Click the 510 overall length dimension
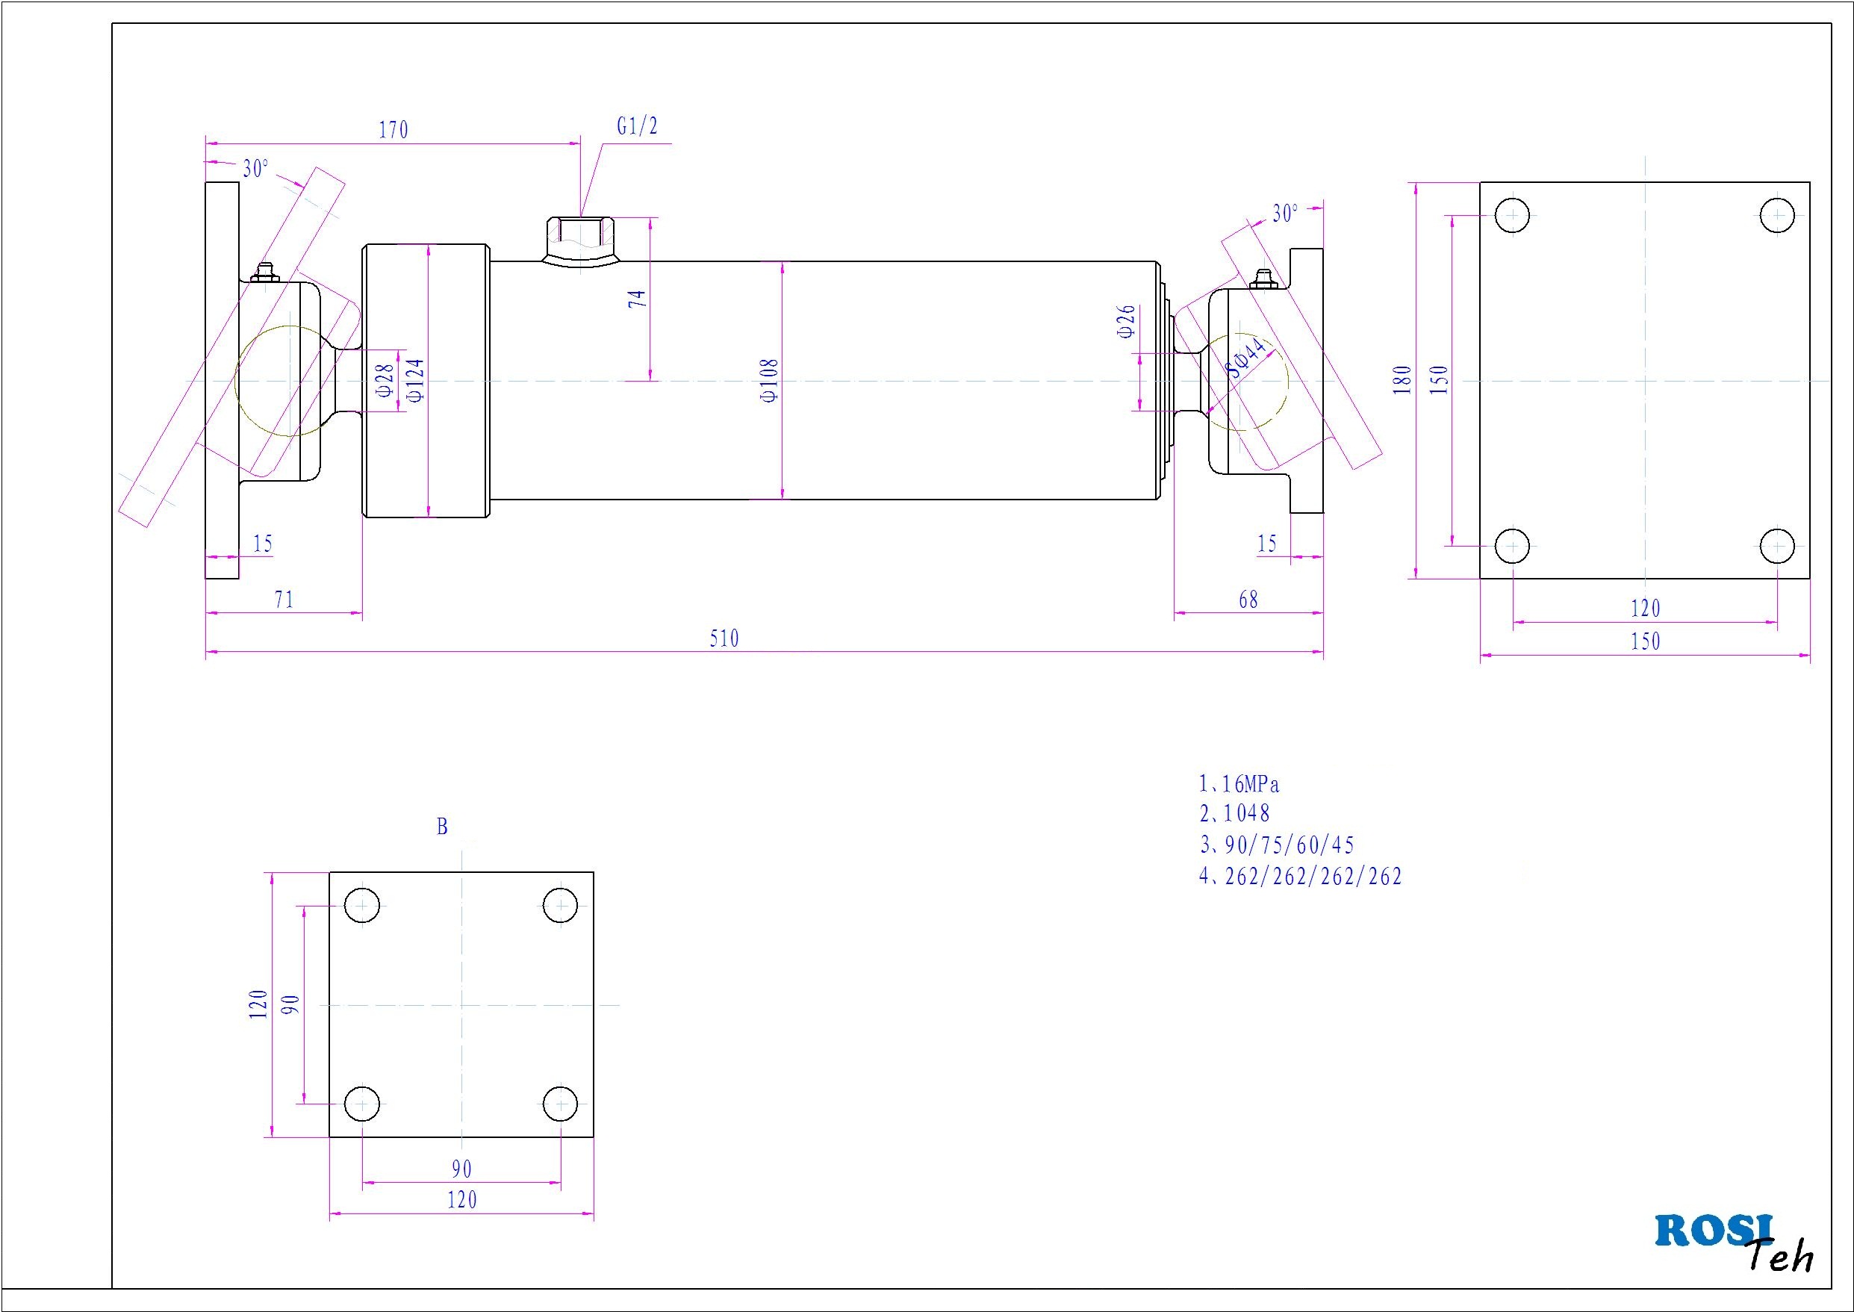pyautogui.click(x=724, y=639)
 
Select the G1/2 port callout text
pyautogui.click(x=638, y=126)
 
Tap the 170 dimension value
pyautogui.click(x=393, y=129)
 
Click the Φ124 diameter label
pyautogui.click(x=416, y=379)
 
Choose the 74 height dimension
pyautogui.click(x=638, y=298)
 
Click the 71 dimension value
pyautogui.click(x=284, y=600)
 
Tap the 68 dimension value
pyautogui.click(x=1248, y=600)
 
